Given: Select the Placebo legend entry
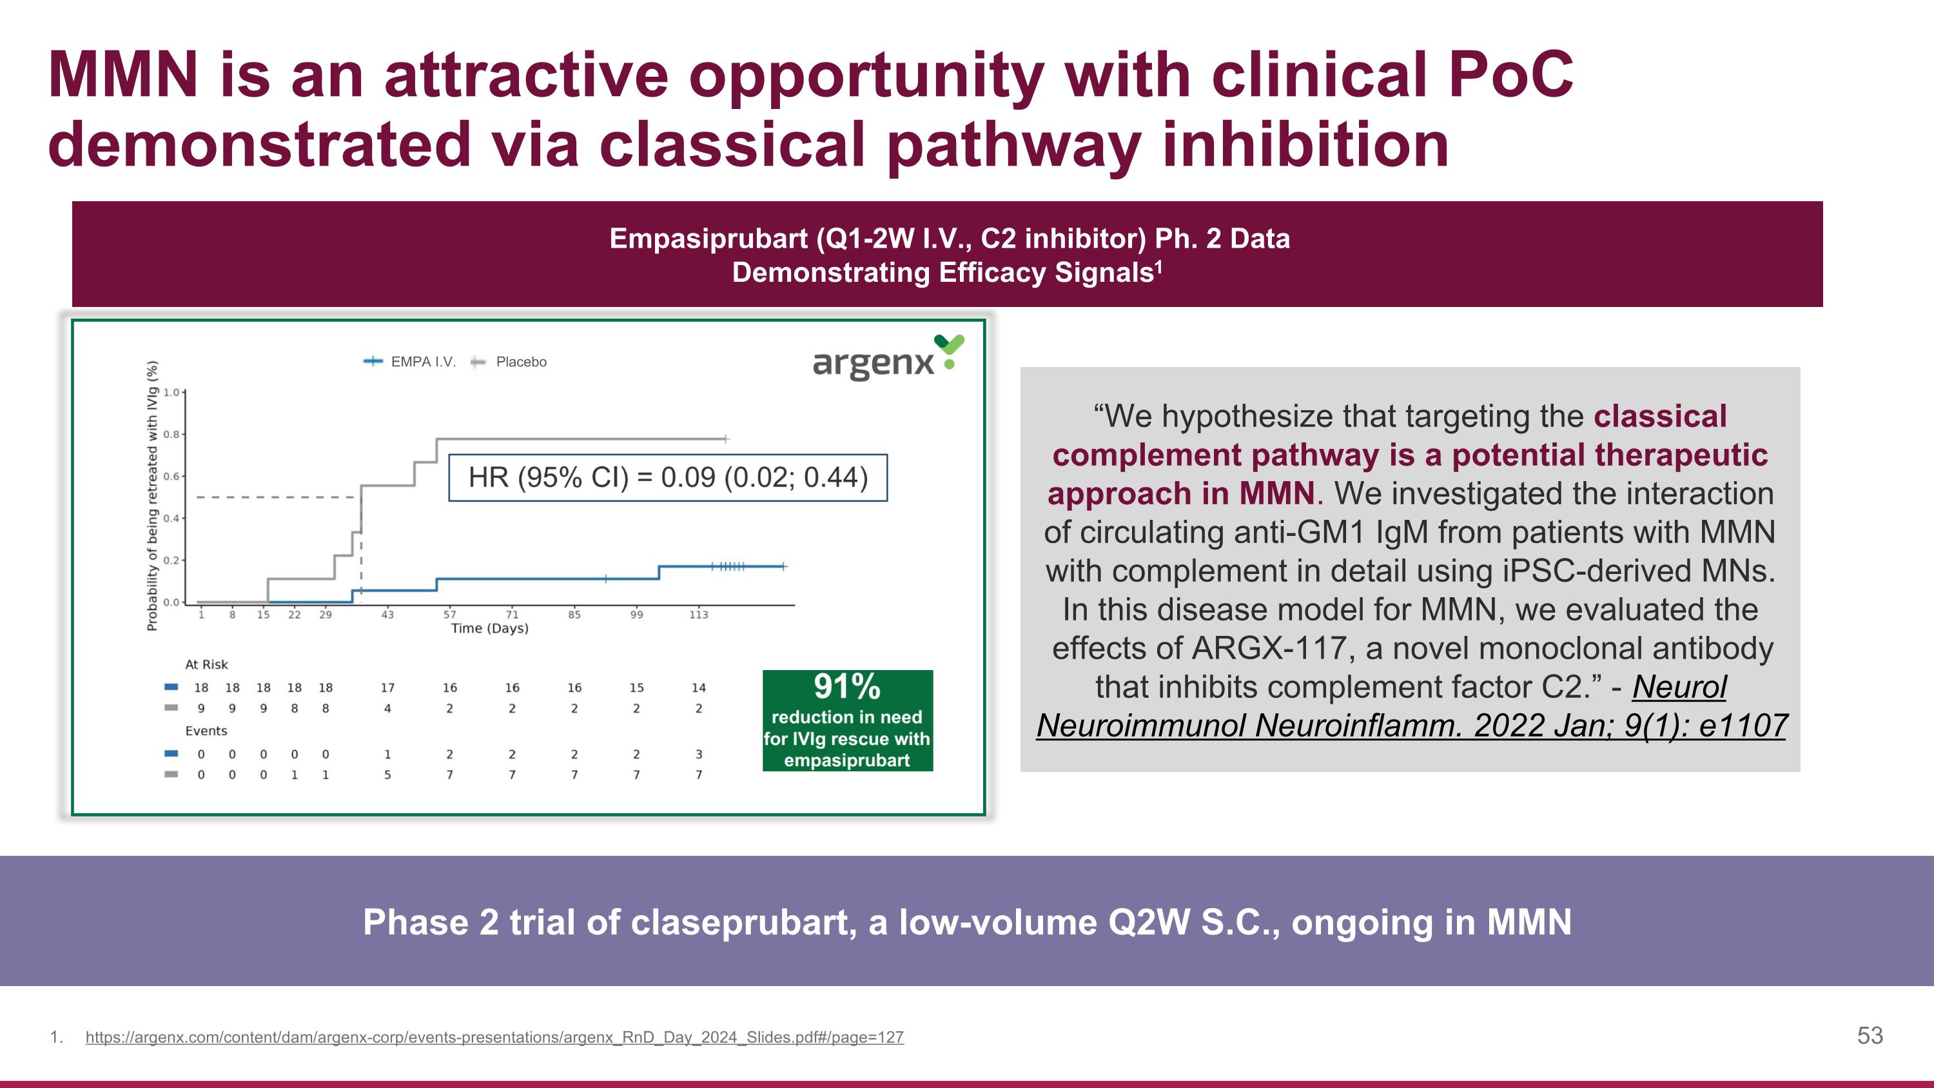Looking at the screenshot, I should point(520,362).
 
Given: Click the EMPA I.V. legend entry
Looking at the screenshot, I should point(422,362).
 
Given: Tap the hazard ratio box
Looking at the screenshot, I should point(667,477).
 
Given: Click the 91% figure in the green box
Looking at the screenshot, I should point(847,686).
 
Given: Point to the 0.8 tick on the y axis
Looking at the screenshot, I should point(172,434).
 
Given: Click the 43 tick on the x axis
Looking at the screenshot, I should point(387,614).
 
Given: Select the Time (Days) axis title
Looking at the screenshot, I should point(489,628).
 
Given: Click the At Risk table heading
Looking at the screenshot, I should point(206,664).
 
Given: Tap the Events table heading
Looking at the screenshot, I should point(206,731).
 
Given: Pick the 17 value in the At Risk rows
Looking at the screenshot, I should point(387,687).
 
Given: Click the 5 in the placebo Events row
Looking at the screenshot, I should point(387,775).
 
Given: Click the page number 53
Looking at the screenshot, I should point(1870,1036).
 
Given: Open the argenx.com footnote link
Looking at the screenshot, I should point(494,1037).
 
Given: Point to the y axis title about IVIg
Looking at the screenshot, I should point(152,495).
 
